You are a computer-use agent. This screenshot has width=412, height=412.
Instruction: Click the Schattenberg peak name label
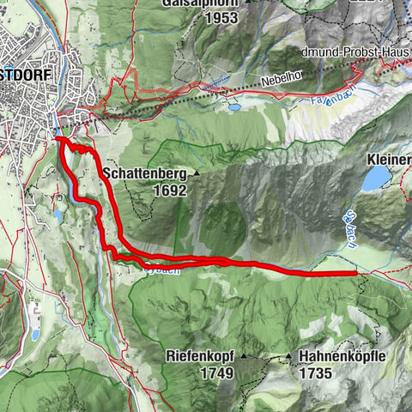click(143, 173)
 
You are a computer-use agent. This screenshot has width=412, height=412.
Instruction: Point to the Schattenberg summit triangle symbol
click(196, 174)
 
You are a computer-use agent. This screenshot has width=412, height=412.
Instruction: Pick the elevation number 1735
click(316, 373)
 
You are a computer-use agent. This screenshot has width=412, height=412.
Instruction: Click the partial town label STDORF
click(25, 75)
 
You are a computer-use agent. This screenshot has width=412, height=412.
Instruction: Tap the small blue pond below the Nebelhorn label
click(233, 108)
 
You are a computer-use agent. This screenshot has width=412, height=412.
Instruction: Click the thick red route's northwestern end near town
click(58, 139)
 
